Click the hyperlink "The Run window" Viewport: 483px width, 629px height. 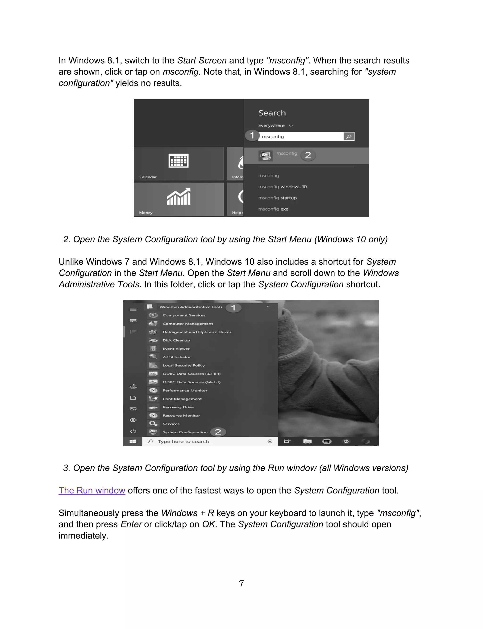click(x=92, y=490)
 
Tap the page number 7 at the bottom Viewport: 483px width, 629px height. click(x=241, y=583)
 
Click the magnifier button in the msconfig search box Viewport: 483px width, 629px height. click(x=349, y=136)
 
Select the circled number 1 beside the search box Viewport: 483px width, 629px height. click(x=252, y=135)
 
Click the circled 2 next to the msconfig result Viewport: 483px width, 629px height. click(x=308, y=155)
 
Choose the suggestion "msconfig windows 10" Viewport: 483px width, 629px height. click(x=282, y=187)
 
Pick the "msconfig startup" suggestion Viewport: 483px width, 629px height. click(x=277, y=198)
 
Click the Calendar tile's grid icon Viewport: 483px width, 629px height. click(x=178, y=160)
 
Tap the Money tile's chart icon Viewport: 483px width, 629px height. click(x=179, y=197)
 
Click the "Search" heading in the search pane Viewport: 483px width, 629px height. click(x=272, y=113)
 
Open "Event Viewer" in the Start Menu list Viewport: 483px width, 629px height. click(x=176, y=349)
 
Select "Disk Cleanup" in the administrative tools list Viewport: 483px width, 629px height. click(x=176, y=340)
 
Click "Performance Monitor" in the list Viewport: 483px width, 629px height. click(x=185, y=390)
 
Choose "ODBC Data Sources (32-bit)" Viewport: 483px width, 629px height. click(x=192, y=374)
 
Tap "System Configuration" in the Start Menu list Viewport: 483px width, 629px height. click(x=185, y=432)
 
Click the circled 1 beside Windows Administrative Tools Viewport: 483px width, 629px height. click(x=233, y=308)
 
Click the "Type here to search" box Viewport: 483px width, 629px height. click(x=201, y=441)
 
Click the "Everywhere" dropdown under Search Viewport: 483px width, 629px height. click(x=275, y=126)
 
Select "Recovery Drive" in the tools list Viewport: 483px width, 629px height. click(x=178, y=407)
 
